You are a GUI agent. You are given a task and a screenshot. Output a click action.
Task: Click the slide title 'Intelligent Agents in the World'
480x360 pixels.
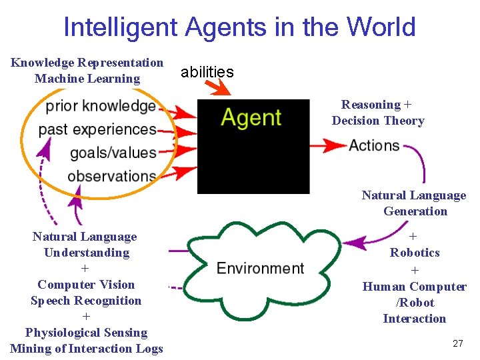(239, 27)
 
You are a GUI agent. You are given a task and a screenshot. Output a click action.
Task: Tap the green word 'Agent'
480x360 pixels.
(251, 118)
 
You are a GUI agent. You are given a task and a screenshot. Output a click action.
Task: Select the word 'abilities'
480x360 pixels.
(207, 72)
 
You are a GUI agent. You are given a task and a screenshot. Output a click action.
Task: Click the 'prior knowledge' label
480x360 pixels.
(101, 106)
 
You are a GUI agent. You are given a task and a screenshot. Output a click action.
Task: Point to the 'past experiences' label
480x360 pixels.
(97, 129)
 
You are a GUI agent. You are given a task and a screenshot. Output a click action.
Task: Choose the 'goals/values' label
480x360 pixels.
(113, 153)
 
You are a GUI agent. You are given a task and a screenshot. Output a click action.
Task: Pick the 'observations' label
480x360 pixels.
(112, 176)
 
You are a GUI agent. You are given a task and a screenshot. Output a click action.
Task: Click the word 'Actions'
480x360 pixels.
(374, 145)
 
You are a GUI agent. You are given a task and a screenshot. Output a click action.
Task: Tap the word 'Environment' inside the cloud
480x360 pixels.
(261, 268)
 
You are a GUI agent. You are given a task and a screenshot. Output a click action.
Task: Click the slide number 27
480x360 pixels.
(457, 343)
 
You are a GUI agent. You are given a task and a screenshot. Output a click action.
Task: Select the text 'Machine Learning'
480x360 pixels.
(87, 79)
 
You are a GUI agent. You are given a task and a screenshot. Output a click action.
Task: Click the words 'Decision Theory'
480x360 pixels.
(378, 121)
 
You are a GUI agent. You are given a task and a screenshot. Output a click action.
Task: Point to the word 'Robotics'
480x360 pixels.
(415, 253)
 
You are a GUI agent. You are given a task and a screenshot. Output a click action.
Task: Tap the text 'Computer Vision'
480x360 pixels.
(86, 285)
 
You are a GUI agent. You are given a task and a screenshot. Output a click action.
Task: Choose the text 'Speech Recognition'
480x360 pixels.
(86, 301)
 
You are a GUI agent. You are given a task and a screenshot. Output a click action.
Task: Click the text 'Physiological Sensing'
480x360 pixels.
(86, 333)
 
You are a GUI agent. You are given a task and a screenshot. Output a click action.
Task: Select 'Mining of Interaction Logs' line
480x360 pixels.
(87, 349)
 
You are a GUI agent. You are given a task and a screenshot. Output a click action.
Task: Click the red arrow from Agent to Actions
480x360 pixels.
(328, 145)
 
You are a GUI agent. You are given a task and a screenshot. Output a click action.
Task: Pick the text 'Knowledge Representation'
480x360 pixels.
(87, 63)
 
